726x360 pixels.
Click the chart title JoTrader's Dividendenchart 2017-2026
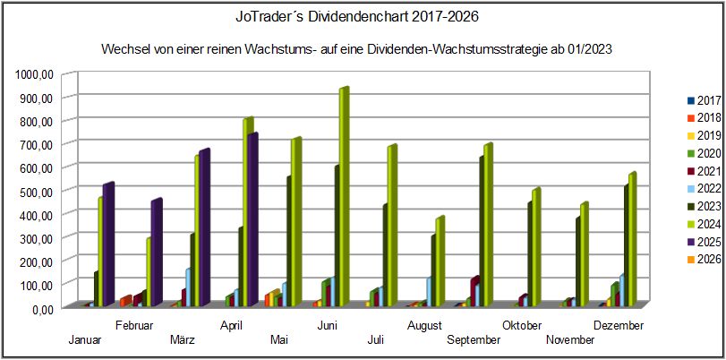362,16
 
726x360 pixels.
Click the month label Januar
84,339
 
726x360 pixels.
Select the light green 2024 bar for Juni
343,197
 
